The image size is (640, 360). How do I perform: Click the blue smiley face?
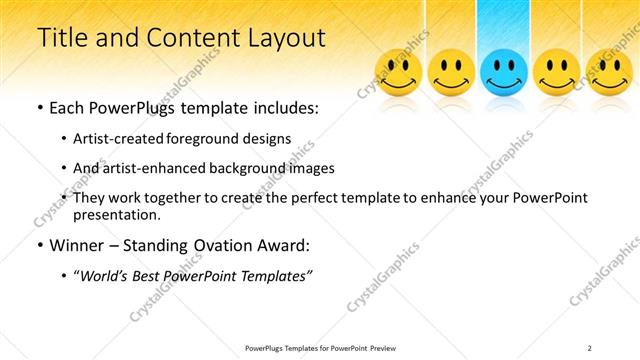(504, 72)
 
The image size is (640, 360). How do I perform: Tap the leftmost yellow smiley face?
(398, 72)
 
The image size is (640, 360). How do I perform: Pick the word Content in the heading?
(179, 38)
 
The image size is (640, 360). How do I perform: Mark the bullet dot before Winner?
(39, 246)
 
